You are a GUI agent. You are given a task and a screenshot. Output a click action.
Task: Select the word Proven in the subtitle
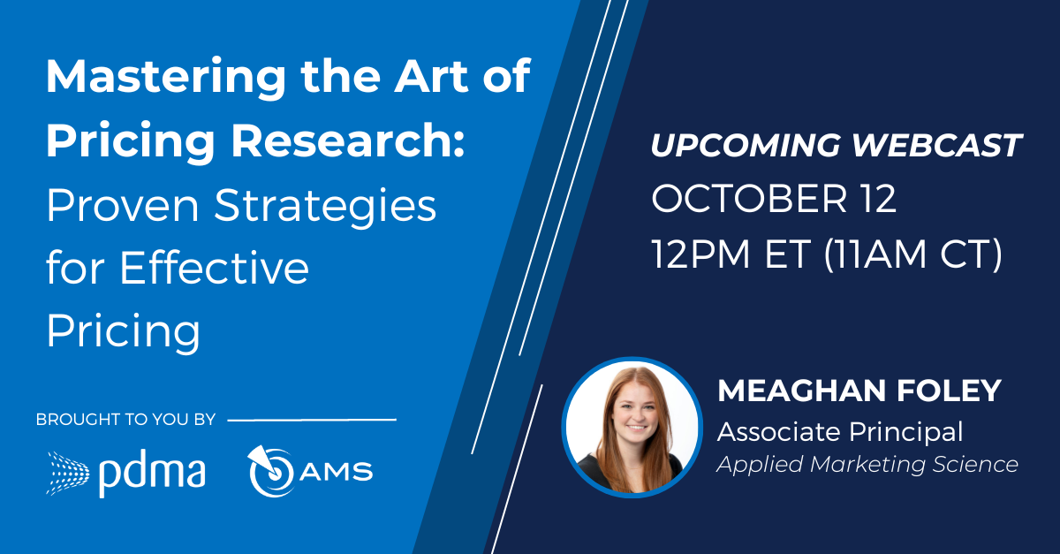[123, 205]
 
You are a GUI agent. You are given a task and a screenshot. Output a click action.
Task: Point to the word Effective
[215, 267]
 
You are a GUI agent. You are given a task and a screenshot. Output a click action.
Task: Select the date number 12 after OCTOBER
[878, 198]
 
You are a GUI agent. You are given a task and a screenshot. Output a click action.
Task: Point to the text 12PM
[700, 254]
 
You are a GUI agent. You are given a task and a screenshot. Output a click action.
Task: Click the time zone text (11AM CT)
[912, 254]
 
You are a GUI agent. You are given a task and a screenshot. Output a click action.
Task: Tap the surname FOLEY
[949, 391]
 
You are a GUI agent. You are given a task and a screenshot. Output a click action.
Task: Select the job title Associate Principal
[840, 432]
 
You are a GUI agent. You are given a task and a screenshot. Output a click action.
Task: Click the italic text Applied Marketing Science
[867, 465]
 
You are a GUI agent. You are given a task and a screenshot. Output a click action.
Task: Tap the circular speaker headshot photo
[632, 428]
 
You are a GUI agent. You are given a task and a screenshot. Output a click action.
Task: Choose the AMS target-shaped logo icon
[271, 471]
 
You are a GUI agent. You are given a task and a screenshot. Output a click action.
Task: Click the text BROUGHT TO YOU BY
[125, 420]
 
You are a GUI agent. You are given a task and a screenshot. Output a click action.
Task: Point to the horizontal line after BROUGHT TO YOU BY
[312, 420]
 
